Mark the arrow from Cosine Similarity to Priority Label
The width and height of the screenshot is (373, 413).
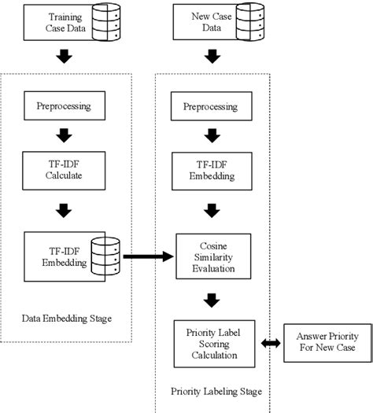coord(211,299)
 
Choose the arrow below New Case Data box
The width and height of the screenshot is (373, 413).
coord(211,57)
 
